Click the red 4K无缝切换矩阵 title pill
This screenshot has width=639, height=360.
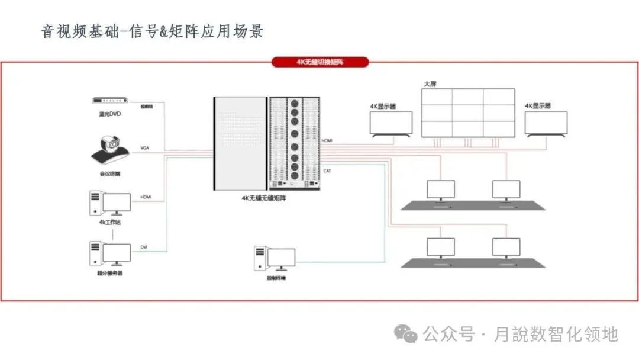(319, 62)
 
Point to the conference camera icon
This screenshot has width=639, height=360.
(110, 150)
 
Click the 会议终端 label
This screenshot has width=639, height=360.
(109, 174)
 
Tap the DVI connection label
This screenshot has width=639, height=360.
(144, 246)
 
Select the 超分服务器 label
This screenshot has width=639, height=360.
(109, 273)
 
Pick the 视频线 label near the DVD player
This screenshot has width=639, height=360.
(147, 107)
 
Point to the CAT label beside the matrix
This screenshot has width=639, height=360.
(327, 171)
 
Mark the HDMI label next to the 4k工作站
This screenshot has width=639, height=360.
(146, 197)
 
